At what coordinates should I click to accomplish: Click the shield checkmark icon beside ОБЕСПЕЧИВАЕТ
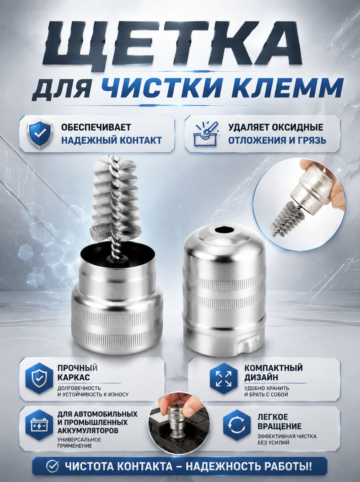coord(40,134)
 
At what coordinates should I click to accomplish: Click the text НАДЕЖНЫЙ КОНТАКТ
coord(112,140)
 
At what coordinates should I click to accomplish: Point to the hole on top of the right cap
coord(224,231)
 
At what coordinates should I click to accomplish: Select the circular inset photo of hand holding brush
coord(299,204)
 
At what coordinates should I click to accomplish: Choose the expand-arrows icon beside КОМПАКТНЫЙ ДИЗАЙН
coord(224,378)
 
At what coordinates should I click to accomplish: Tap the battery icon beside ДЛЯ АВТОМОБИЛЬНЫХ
coord(39,425)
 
